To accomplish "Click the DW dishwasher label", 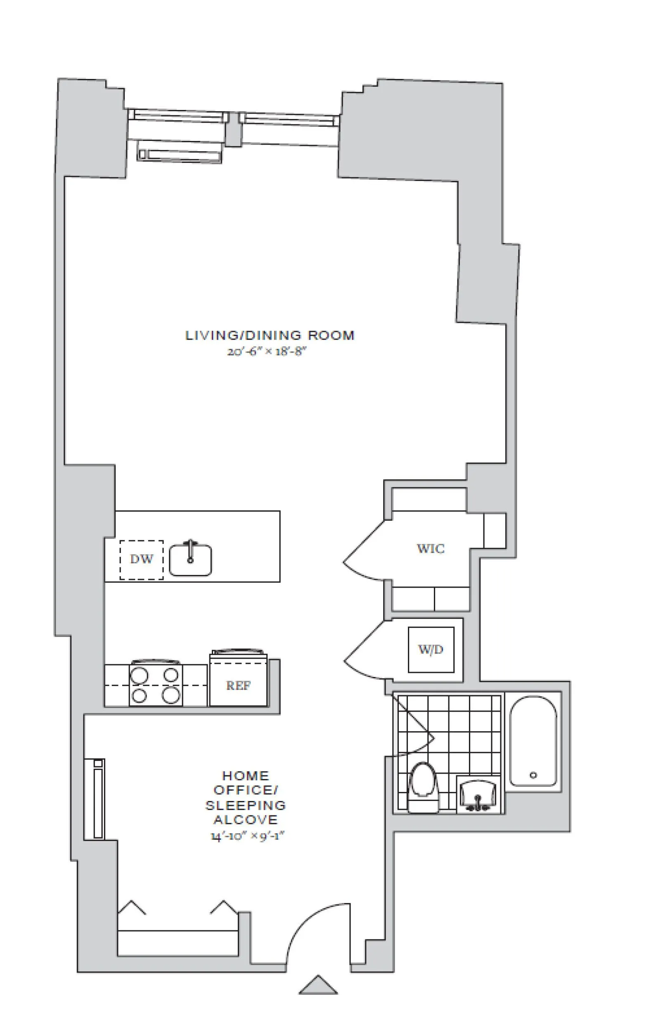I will pyautogui.click(x=141, y=559).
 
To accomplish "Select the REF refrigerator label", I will pyautogui.click(x=238, y=685).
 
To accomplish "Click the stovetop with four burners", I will pyautogui.click(x=156, y=685).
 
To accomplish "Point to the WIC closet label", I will pyautogui.click(x=431, y=548).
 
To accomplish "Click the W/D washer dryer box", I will pyautogui.click(x=431, y=650).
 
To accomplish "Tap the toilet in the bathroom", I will pyautogui.click(x=423, y=786).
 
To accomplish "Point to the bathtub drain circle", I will pyautogui.click(x=533, y=775).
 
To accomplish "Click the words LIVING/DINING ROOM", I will pyautogui.click(x=270, y=336).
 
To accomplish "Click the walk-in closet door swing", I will pyautogui.click(x=362, y=553).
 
